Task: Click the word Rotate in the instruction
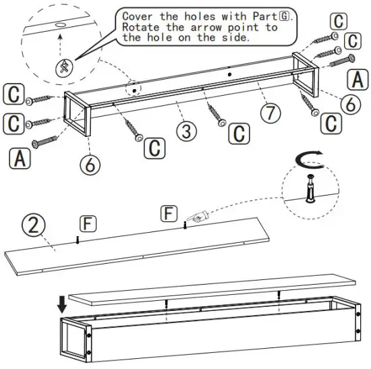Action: point(141,28)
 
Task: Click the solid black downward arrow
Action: point(63,304)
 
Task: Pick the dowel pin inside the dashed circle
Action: point(310,188)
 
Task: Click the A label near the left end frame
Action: point(20,159)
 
